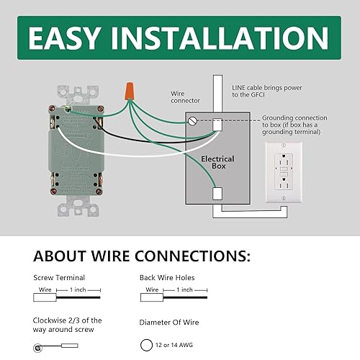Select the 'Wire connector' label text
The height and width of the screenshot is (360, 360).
pos(185,97)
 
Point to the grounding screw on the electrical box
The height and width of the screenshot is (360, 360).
pos(192,122)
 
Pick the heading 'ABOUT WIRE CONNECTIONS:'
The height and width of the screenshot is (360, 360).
pos(142,256)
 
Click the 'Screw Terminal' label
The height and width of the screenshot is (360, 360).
pos(59,277)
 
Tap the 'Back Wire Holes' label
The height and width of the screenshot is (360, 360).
pos(167,277)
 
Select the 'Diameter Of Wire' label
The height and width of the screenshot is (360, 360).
pos(169,322)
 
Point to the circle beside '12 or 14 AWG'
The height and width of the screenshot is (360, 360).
pos(148,345)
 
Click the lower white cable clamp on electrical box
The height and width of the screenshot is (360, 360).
pos(217,193)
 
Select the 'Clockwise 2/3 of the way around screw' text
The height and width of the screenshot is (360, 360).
pos(68,325)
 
